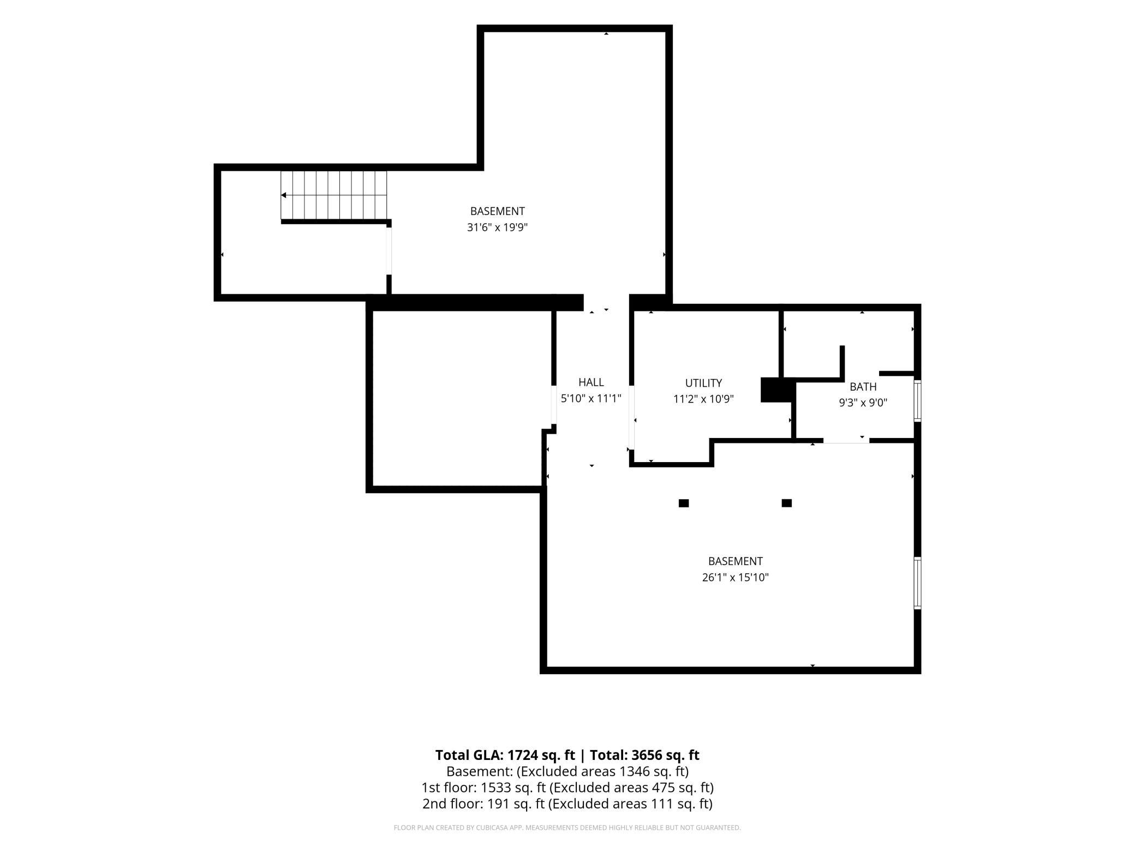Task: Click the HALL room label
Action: coord(591,382)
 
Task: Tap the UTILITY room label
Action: coord(703,383)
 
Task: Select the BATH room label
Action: coord(863,387)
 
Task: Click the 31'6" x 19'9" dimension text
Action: coord(497,227)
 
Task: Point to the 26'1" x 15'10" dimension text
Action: coord(735,577)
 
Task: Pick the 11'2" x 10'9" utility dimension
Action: coord(703,399)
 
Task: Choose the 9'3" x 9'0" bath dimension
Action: coord(863,403)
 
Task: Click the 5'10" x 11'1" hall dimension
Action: coord(591,398)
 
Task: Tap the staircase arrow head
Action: coord(284,195)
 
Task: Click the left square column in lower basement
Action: coord(684,503)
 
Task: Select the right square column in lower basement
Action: coord(786,503)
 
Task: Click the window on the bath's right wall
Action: coord(918,401)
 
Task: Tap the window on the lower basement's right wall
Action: coord(918,583)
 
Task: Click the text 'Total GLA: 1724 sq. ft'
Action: coord(505,755)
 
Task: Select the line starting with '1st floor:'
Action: coord(567,788)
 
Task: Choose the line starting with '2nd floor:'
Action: coord(567,804)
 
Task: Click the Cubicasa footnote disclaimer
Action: coord(567,828)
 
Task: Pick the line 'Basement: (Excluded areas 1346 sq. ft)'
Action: coord(567,771)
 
